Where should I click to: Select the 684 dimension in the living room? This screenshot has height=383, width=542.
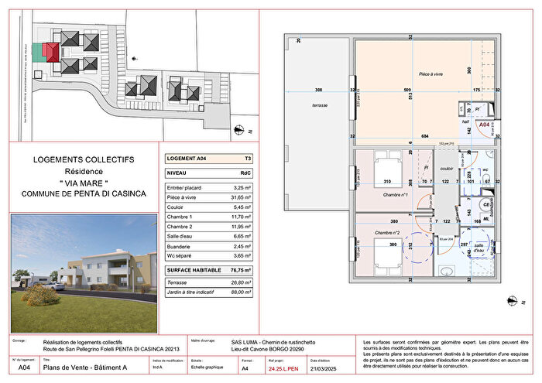(x=424, y=136)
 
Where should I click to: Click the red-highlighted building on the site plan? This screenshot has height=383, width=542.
(x=50, y=52)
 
